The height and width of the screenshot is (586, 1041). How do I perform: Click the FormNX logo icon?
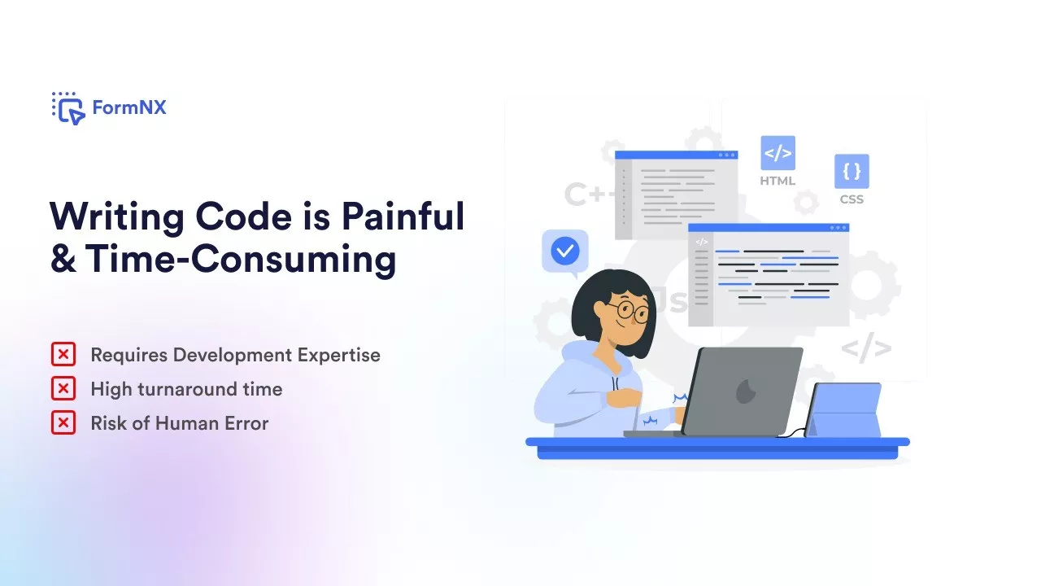point(68,108)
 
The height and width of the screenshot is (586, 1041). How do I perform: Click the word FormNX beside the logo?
point(129,107)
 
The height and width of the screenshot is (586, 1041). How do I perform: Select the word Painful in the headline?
point(403,216)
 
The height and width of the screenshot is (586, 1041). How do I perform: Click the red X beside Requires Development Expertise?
point(63,354)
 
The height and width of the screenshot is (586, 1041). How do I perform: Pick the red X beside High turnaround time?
point(63,389)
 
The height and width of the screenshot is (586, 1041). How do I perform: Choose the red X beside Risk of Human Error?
point(63,422)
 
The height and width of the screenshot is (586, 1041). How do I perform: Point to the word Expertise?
point(339,356)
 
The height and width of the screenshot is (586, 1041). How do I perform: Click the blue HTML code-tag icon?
point(778,153)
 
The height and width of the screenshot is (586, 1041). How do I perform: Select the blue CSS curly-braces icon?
point(852,171)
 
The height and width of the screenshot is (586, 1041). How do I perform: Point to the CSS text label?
point(852,199)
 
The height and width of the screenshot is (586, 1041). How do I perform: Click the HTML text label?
point(777,181)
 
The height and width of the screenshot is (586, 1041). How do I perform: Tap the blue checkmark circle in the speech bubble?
point(565,251)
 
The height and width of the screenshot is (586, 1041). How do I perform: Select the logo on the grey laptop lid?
point(747,391)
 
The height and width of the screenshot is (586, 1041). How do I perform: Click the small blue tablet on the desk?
point(843,410)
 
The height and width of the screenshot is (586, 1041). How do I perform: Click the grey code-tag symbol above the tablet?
point(866,348)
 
